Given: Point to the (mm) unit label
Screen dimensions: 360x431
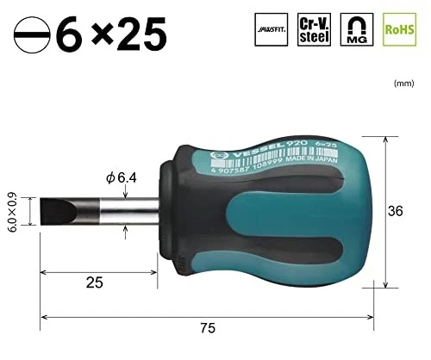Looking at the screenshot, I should click(x=403, y=84).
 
